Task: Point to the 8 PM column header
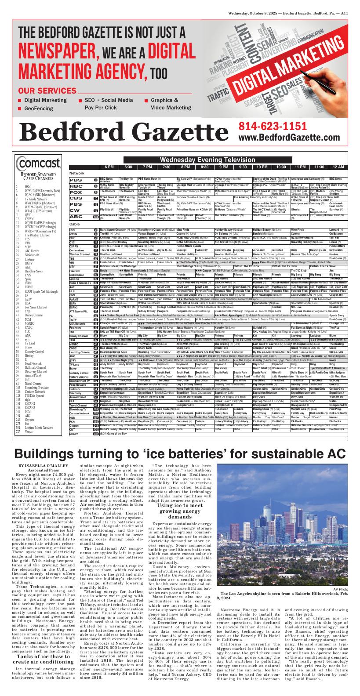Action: (x=185, y=167)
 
